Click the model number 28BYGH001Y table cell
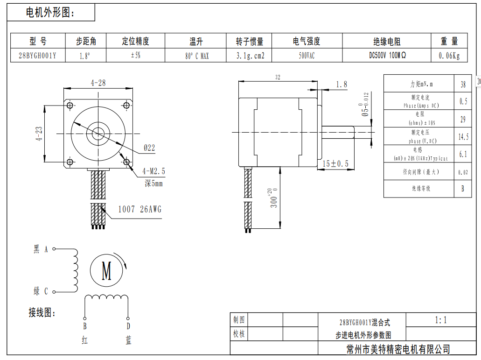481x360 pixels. [37, 56]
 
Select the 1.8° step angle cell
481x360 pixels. [85, 56]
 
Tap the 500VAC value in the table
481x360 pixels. [307, 56]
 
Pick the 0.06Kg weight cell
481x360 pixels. [449, 56]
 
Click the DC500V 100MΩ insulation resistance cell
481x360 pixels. [387, 55]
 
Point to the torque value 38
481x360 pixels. [463, 85]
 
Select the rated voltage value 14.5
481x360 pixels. [463, 137]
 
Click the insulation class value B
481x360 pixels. [463, 189]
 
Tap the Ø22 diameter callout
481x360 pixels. [149, 148]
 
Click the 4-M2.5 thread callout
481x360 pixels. [153, 171]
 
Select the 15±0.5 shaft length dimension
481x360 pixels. [336, 163]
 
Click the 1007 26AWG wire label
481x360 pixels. [139, 209]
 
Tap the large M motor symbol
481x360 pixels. [107, 270]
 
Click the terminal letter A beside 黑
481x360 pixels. [46, 249]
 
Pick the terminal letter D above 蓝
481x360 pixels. [128, 326]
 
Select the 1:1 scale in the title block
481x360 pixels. [441, 320]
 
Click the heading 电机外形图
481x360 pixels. [50, 13]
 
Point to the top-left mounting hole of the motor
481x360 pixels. [70, 106]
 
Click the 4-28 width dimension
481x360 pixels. [98, 83]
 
